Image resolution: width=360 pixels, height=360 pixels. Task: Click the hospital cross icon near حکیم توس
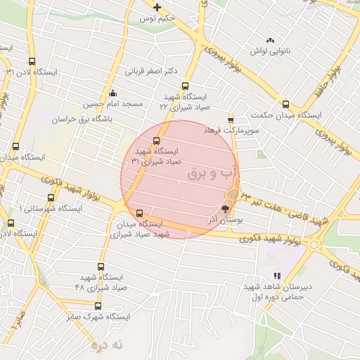click(157, 8)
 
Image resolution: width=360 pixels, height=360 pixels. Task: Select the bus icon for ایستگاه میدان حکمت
click(285, 103)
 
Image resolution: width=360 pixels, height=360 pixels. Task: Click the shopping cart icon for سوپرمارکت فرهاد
click(231, 120)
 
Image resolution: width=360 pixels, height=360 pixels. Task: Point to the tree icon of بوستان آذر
click(225, 208)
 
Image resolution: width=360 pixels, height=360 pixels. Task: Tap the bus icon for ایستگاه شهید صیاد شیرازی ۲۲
click(185, 86)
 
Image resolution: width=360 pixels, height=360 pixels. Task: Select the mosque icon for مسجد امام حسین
click(112, 93)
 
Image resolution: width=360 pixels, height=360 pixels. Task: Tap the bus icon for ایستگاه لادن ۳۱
click(32, 61)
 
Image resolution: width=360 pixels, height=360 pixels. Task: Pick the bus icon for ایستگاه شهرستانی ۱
click(51, 198)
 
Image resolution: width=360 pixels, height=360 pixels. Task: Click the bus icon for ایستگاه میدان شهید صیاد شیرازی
click(139, 213)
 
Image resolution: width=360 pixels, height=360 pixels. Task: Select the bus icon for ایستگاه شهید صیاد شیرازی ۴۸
click(101, 266)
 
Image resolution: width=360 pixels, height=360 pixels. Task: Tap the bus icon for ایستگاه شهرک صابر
click(98, 306)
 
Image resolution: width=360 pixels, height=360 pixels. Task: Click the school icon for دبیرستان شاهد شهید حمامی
click(277, 276)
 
